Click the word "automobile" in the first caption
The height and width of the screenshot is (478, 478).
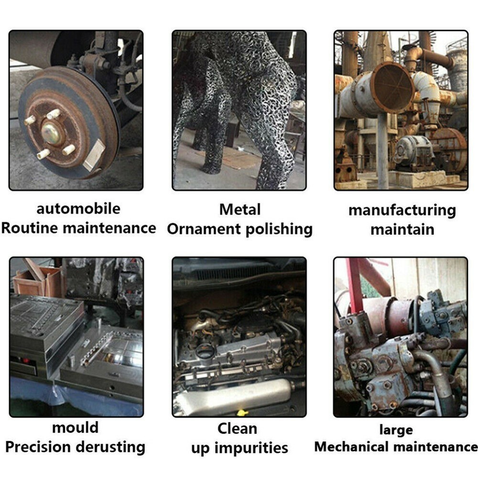[78, 209]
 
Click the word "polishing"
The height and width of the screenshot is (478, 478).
[279, 230]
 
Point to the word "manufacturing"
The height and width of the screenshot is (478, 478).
[402, 211]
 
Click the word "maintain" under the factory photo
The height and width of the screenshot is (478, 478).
[402, 229]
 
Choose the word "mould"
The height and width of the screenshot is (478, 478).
[76, 427]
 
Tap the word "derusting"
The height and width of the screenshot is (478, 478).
[110, 447]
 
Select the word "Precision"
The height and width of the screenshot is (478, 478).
[38, 447]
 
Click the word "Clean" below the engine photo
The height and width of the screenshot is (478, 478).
[237, 429]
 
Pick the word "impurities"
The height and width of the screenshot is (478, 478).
[251, 448]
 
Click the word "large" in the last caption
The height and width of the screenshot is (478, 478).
[396, 430]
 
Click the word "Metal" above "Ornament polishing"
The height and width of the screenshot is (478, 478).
[240, 209]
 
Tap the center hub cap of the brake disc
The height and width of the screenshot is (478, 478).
[51, 133]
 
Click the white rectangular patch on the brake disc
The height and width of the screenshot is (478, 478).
[94, 155]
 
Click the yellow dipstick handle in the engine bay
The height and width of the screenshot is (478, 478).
[241, 413]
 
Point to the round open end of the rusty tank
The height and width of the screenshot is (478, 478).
[393, 87]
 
